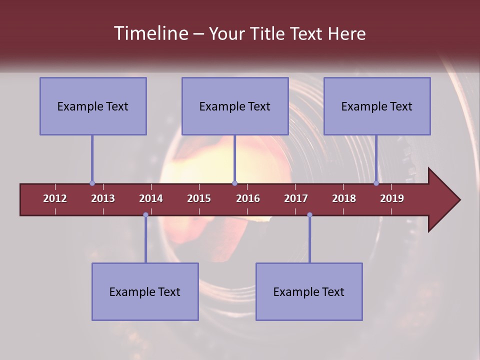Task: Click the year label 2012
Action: tap(55, 198)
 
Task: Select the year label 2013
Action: tap(103, 198)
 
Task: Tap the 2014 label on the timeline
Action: tap(151, 198)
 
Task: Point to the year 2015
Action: tap(199, 198)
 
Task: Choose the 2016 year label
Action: tap(248, 198)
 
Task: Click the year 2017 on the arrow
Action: tap(296, 198)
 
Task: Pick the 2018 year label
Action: tap(344, 198)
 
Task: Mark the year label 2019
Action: tap(392, 198)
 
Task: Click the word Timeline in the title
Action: tap(150, 33)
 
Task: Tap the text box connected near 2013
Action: tap(93, 106)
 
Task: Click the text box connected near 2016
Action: tap(235, 106)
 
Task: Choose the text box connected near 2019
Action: tap(377, 106)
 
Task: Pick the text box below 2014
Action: tap(145, 291)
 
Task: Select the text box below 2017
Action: tap(309, 291)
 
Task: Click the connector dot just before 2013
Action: tap(92, 183)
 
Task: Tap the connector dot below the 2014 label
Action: tap(145, 215)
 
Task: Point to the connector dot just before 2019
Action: tap(376, 183)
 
